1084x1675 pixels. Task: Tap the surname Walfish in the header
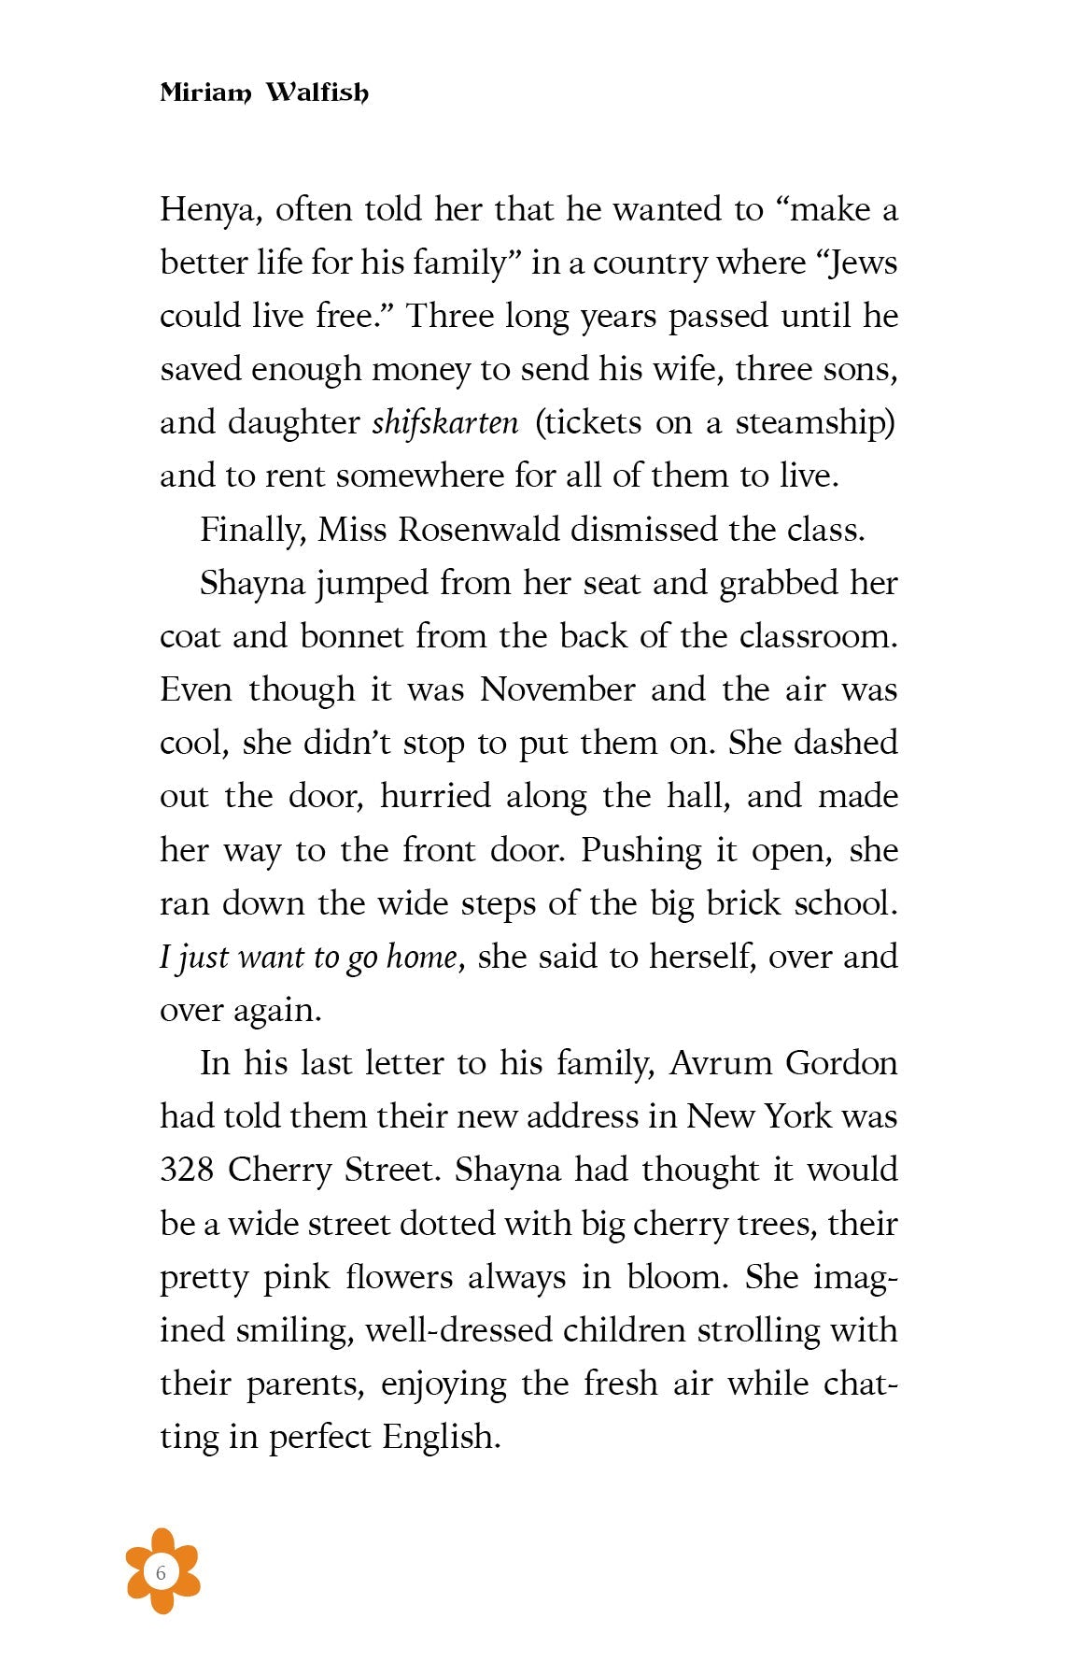pos(317,92)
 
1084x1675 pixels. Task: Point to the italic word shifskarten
pos(445,423)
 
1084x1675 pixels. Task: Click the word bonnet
pos(352,636)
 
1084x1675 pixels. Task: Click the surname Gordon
pos(841,1064)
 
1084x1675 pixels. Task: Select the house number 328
pos(187,1171)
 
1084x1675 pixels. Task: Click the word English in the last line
pos(442,1437)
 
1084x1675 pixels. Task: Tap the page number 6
pos(162,1573)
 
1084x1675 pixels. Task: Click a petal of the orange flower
pos(162,1542)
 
